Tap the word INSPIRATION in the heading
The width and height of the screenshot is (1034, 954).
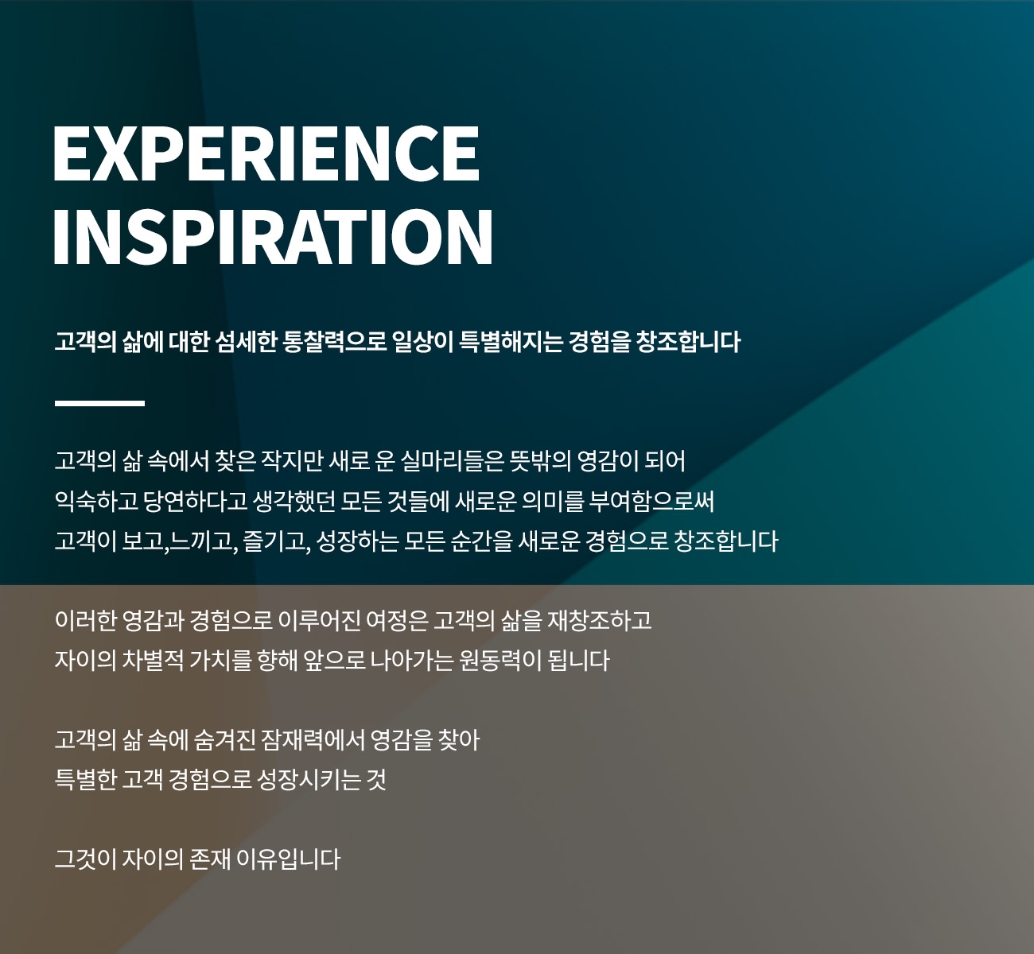click(x=273, y=237)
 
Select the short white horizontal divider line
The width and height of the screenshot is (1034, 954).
click(x=99, y=403)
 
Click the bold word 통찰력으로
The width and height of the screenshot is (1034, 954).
click(x=335, y=342)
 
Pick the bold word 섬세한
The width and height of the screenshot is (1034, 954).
click(x=245, y=342)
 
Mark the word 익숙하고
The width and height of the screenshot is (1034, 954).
click(x=96, y=501)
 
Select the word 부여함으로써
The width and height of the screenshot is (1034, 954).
click(x=651, y=501)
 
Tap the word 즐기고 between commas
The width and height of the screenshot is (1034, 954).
click(x=274, y=541)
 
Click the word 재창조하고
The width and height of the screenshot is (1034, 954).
click(x=599, y=620)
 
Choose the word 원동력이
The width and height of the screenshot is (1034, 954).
click(x=501, y=661)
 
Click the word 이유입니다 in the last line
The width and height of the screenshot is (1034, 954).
click(x=288, y=859)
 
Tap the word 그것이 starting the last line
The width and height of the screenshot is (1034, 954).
click(x=85, y=859)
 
